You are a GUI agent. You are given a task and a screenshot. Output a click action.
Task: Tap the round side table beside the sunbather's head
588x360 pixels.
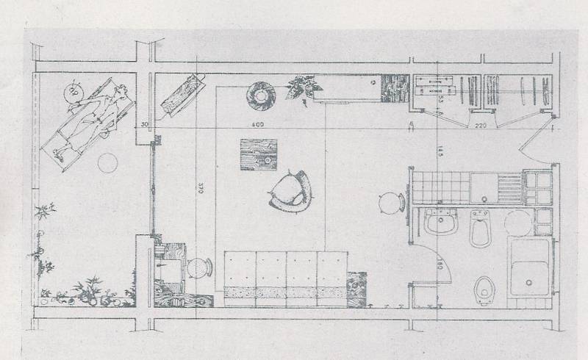(x=73, y=93)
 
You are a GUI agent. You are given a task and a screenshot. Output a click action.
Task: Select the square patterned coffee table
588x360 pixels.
(x=255, y=155)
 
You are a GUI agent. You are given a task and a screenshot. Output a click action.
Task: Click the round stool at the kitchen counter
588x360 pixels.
(x=389, y=200)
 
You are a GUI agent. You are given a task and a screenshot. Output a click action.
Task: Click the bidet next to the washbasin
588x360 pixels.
(x=481, y=228)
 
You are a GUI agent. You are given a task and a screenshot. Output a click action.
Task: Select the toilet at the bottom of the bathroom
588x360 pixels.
(x=484, y=289)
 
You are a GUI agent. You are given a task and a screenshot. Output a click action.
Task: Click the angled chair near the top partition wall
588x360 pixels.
(x=180, y=96)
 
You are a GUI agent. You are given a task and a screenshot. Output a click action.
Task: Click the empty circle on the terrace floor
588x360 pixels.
(x=110, y=162)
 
